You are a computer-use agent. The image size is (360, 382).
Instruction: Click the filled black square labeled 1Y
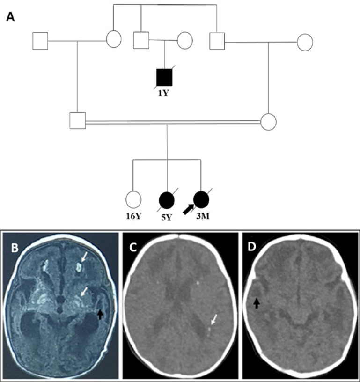[x=164, y=77]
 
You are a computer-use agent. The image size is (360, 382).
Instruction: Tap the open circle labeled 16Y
[x=133, y=199]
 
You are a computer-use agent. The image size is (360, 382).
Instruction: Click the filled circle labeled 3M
[x=201, y=199]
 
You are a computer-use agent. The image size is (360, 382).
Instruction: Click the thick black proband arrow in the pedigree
[x=188, y=208]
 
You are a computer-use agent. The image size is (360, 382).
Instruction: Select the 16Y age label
[x=133, y=216]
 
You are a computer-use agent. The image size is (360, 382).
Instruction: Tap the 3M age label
[x=201, y=216]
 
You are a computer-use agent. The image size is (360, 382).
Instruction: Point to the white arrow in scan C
[x=213, y=320]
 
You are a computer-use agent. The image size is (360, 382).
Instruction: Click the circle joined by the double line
[x=268, y=121]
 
